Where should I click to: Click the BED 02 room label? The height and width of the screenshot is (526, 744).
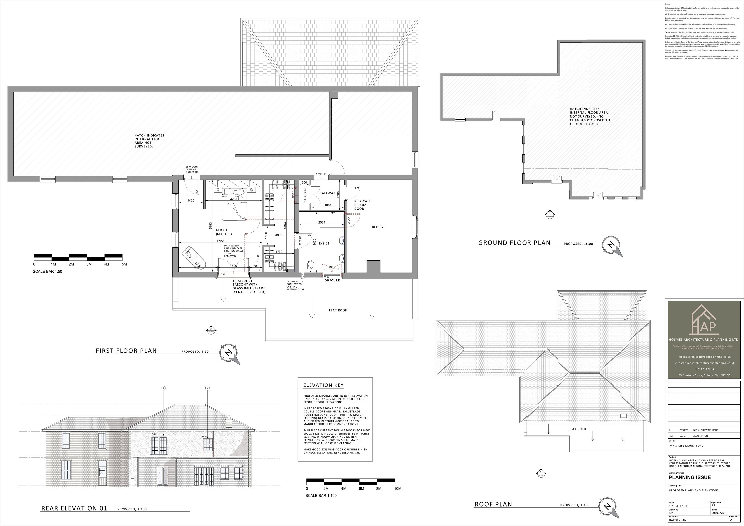coord(377,227)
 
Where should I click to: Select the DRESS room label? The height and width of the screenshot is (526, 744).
coord(278,235)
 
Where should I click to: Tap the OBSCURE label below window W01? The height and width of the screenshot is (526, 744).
coord(332,281)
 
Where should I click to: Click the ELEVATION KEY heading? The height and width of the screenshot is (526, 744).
coord(323,385)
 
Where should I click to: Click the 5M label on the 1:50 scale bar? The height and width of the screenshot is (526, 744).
coord(124,264)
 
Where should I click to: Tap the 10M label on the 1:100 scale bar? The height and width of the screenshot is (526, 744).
coord(397,488)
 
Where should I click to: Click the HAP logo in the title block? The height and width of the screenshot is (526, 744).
coord(704,321)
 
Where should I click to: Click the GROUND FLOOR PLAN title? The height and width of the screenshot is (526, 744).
coord(514,243)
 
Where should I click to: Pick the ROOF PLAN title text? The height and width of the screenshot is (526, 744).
coord(493,504)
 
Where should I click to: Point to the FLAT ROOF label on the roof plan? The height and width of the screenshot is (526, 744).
coord(577,429)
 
